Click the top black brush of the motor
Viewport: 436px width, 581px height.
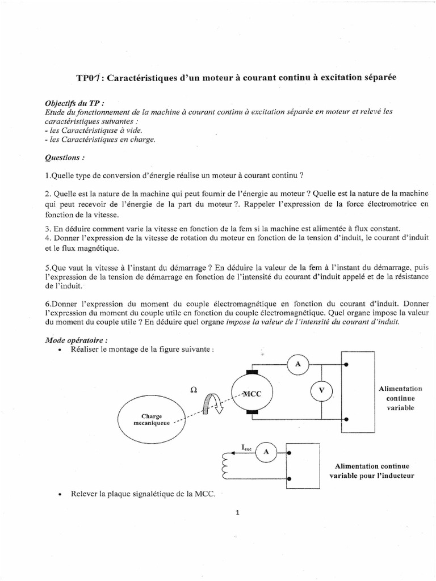pos(251,373)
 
